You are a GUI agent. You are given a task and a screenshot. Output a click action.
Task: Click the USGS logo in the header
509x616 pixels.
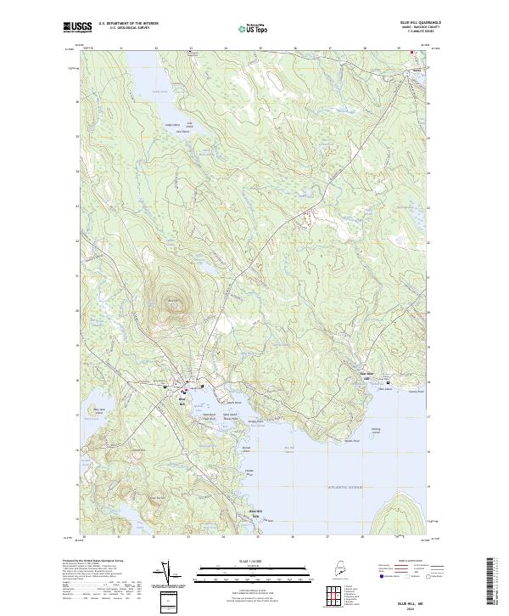(78, 27)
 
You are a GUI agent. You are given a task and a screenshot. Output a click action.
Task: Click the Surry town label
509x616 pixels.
(417, 70)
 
